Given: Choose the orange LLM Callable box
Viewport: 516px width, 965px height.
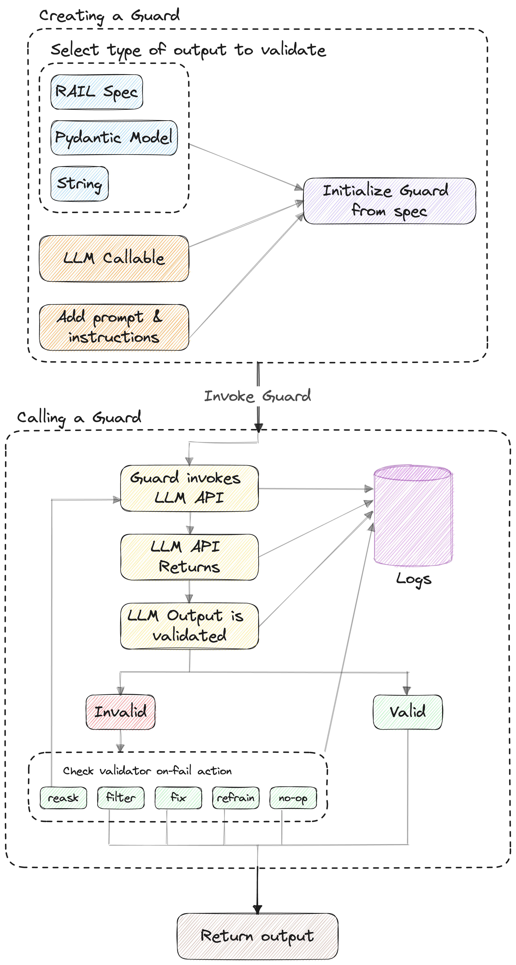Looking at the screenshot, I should point(114,258).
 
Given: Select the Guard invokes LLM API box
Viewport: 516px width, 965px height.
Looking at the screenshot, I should point(189,488).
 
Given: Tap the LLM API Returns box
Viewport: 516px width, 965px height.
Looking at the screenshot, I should point(189,557).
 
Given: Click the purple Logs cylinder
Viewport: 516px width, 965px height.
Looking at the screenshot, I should point(413,517).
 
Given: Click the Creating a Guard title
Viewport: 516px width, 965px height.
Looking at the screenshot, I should point(109,16).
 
